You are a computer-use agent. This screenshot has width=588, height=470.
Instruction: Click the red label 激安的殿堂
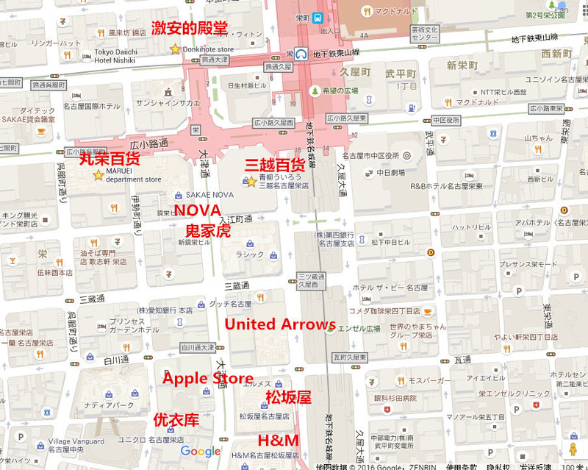pyautogui.click(x=189, y=29)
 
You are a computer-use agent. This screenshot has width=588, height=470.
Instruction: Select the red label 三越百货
pyautogui.click(x=275, y=164)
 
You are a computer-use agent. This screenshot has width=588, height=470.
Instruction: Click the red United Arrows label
pyautogui.click(x=279, y=324)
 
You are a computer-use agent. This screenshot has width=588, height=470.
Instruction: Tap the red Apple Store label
pyautogui.click(x=207, y=378)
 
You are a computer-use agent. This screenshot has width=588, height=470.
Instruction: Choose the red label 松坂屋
pyautogui.click(x=288, y=398)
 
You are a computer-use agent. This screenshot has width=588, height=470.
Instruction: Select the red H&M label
pyautogui.click(x=278, y=441)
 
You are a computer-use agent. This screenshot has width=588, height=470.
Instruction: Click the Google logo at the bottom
pyautogui.click(x=201, y=452)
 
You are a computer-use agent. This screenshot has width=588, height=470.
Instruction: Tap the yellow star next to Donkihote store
pyautogui.click(x=174, y=49)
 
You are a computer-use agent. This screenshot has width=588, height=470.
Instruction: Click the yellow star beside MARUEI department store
pyautogui.click(x=98, y=174)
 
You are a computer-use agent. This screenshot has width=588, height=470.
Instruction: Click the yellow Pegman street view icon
pyautogui.click(x=572, y=449)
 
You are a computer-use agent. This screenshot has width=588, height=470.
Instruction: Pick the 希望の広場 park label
pyautogui.click(x=343, y=90)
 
